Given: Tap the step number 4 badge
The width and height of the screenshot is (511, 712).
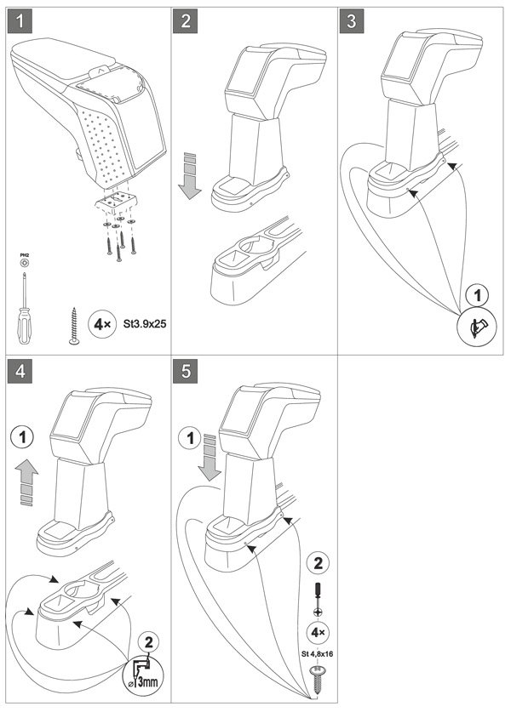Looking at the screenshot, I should pos(18,372).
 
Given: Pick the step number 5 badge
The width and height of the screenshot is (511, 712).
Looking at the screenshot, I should pos(187,372).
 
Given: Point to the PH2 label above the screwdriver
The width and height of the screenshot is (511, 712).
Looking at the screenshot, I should pos(24,254).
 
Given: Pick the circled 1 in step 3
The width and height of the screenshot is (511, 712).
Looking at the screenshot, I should pos(477,296).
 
